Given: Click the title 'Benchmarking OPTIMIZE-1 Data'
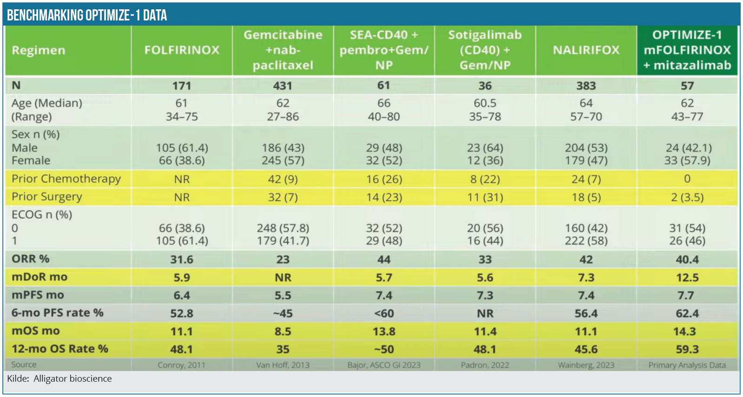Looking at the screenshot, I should tap(87, 15).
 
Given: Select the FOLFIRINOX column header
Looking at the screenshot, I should tap(182, 50).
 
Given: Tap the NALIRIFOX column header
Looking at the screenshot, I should tap(586, 50).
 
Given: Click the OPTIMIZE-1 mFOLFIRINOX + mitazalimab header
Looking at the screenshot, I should tap(687, 50).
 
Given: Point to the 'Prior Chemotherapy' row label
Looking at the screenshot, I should tap(66, 179).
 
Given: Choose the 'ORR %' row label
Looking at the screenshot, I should tap(31, 259).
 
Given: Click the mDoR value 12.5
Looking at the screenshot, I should tap(687, 278).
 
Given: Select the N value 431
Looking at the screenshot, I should tap(283, 86).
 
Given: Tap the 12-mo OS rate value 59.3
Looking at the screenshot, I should tap(687, 349).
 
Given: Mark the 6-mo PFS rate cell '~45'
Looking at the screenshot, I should tap(283, 313).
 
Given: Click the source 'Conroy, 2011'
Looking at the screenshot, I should tap(181, 365).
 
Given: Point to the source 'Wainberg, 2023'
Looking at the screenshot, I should tap(586, 365).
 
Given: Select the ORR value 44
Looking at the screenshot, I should tap(384, 259).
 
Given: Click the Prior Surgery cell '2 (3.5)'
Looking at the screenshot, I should tap(687, 197).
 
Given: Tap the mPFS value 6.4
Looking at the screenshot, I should tap(182, 295).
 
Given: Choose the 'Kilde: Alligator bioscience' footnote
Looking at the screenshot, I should tap(59, 378).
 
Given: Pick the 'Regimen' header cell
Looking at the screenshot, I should tap(39, 50).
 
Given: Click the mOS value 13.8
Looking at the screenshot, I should tap(384, 331).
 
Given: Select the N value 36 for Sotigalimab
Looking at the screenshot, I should tap(485, 86).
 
